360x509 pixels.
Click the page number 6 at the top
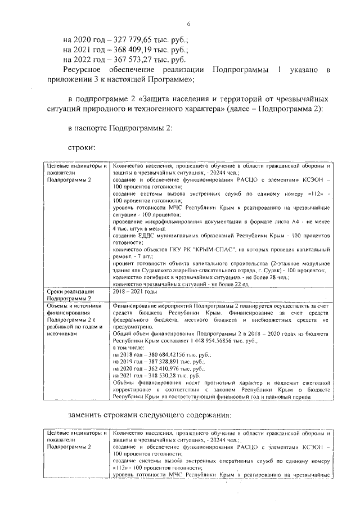click(189, 23)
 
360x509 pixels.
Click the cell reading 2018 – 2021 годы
click(135, 291)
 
